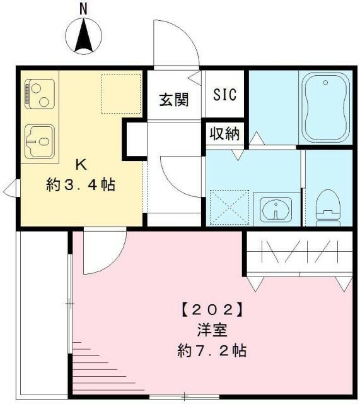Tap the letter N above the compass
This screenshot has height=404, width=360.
click(83, 9)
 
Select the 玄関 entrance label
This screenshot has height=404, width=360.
click(173, 100)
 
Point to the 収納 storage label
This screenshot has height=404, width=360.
click(224, 134)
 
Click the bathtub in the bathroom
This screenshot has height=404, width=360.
click(325, 107)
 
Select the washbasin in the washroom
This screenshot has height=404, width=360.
click(276, 208)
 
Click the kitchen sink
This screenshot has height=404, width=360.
click(39, 140)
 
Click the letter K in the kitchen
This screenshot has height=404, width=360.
click(81, 165)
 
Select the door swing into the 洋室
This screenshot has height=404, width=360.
click(101, 253)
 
